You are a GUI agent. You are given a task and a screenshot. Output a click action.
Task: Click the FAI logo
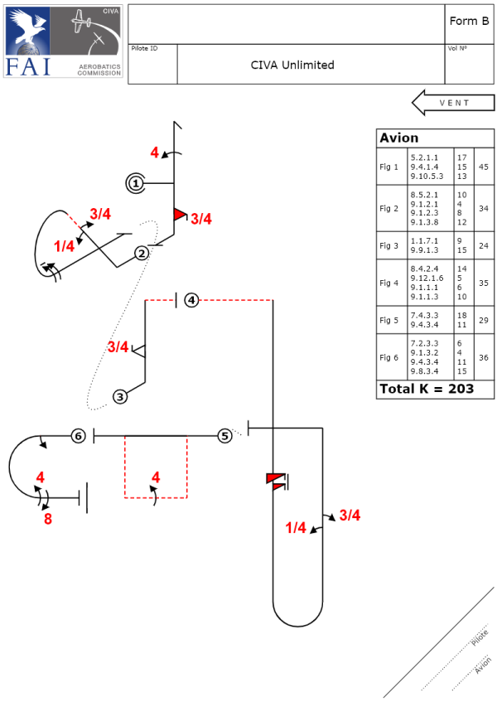tap(64, 42)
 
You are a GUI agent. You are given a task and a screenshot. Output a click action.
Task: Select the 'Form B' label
tap(469, 21)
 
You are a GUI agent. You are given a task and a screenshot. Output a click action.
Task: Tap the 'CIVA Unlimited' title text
tap(292, 65)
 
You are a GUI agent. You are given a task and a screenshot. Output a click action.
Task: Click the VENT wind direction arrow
tap(452, 103)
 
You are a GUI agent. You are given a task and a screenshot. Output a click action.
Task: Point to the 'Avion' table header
tap(398, 138)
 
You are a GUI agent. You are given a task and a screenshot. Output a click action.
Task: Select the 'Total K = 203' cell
tap(426, 389)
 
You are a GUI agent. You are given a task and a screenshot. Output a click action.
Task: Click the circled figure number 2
tap(142, 253)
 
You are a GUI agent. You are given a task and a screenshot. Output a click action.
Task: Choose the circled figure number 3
tap(121, 396)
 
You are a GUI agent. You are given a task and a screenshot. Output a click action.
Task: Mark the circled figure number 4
tap(191, 299)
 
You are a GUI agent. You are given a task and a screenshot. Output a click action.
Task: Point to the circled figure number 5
tap(224, 436)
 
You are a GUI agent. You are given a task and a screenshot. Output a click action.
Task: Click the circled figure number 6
tap(78, 436)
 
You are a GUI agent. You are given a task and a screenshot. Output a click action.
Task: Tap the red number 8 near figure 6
tap(47, 520)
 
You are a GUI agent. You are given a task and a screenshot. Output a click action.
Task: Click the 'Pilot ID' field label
tap(145, 49)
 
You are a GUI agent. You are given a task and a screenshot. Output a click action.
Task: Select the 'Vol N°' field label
tap(457, 49)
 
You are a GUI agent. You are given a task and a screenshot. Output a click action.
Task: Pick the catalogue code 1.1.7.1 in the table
tap(423, 240)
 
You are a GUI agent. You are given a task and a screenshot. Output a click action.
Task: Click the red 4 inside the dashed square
tap(156, 477)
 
